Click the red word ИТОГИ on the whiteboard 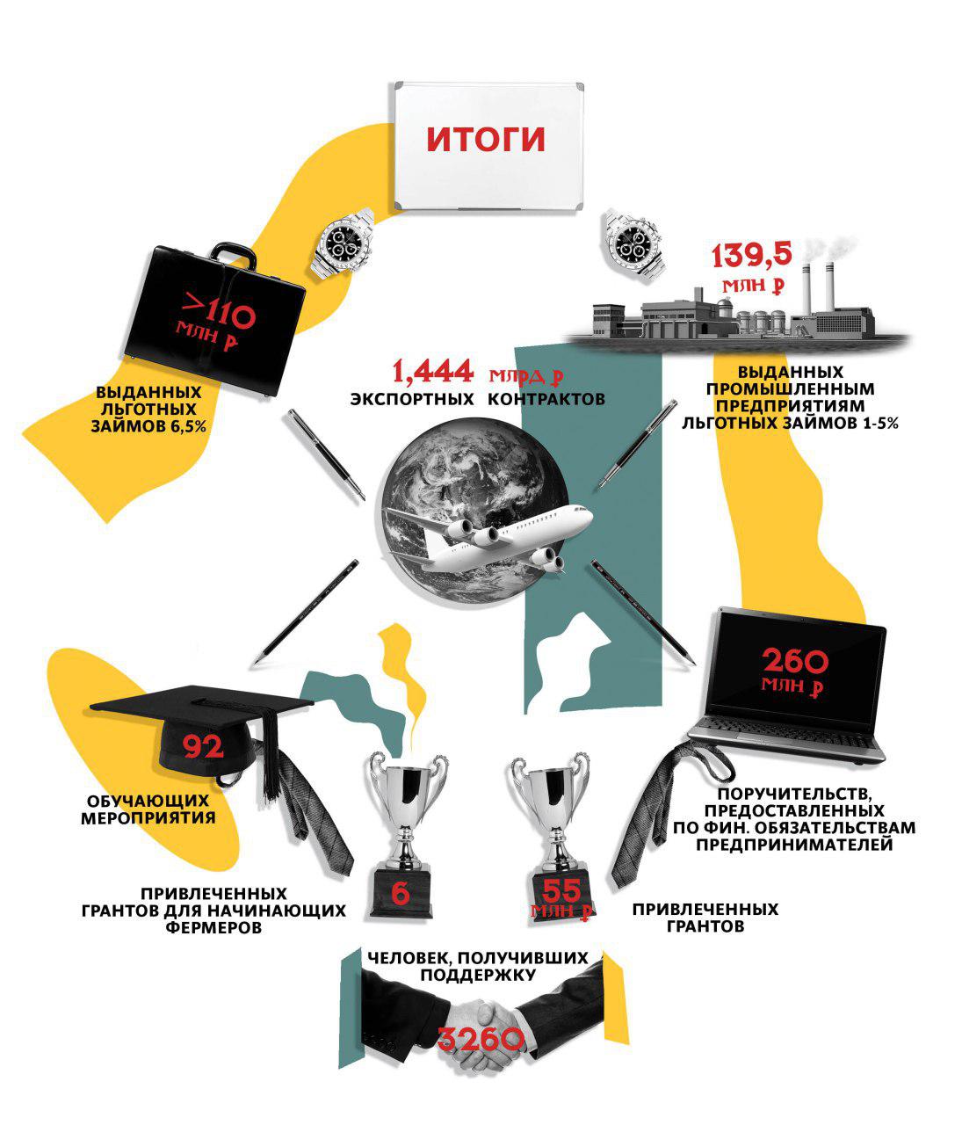click(486, 140)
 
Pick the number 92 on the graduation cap click(203, 746)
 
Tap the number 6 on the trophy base click(400, 893)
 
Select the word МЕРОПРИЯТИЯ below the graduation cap click(151, 817)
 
